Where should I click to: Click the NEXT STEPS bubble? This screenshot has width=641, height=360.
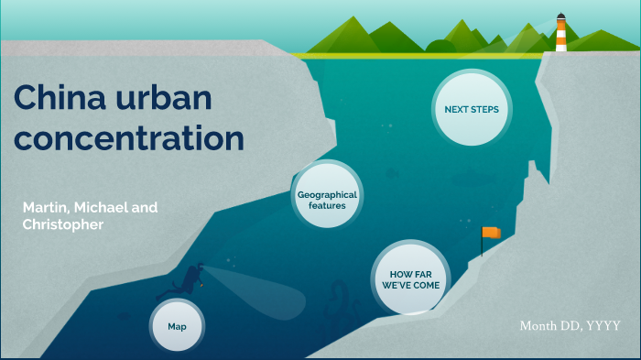pyautogui.click(x=471, y=110)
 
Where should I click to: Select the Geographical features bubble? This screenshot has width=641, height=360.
pyautogui.click(x=327, y=200)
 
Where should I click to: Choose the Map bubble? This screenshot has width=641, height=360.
pyautogui.click(x=177, y=326)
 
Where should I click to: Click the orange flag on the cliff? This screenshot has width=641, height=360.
pyautogui.click(x=493, y=233)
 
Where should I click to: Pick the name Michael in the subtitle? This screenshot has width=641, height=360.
pyautogui.click(x=101, y=208)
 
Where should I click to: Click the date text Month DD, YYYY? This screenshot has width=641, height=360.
pyautogui.click(x=570, y=326)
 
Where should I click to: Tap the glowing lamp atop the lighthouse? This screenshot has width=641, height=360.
pyautogui.click(x=560, y=17)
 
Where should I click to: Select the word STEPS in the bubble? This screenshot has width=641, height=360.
pyautogui.click(x=490, y=110)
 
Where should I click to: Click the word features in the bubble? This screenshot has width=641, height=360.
pyautogui.click(x=327, y=206)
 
